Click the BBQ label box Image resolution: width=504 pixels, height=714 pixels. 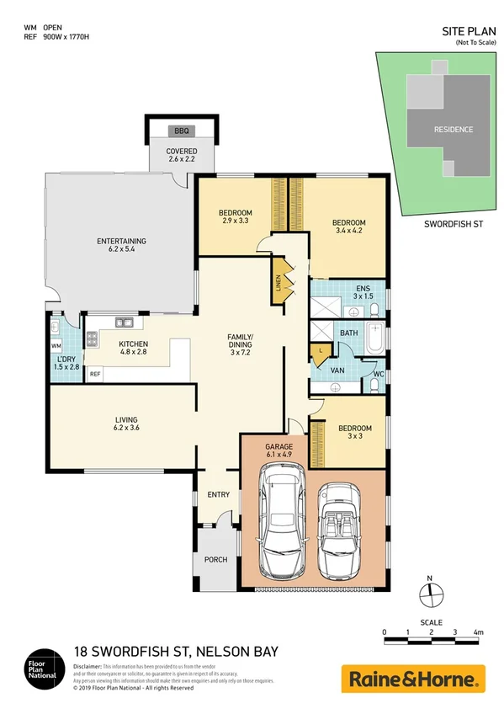pyautogui.click(x=182, y=131)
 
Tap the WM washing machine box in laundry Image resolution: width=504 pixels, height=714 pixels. pyautogui.click(x=56, y=346)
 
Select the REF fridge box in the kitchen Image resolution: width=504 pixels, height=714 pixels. pyautogui.click(x=95, y=374)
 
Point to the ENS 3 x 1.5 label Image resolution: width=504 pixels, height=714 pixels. pyautogui.click(x=363, y=292)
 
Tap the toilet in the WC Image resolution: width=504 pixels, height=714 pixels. pyautogui.click(x=374, y=385)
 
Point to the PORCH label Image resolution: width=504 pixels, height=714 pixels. pyautogui.click(x=215, y=559)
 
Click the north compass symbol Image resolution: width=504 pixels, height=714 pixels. pyautogui.click(x=430, y=592)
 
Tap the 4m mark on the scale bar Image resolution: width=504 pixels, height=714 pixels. pyautogui.click(x=477, y=631)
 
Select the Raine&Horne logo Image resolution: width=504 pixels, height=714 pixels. pyautogui.click(x=412, y=678)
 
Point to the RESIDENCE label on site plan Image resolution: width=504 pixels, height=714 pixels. pyautogui.click(x=453, y=130)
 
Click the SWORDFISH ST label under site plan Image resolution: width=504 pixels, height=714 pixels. pyautogui.click(x=453, y=225)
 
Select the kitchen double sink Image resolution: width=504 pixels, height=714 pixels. pyautogui.click(x=123, y=321)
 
